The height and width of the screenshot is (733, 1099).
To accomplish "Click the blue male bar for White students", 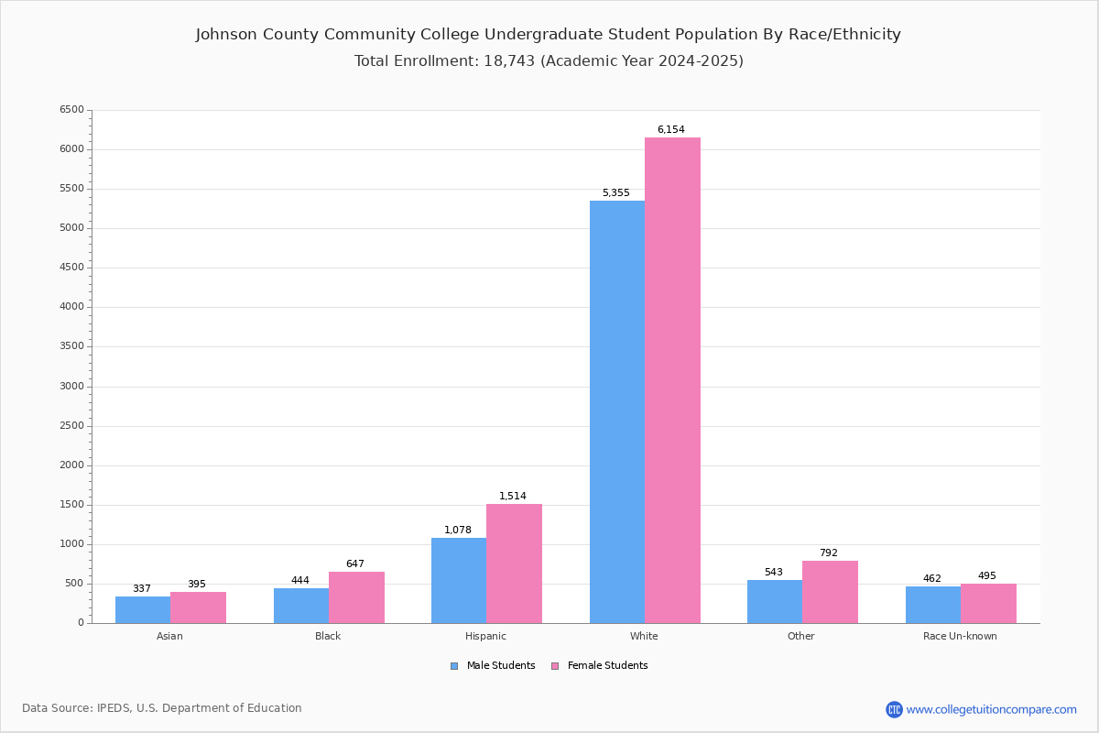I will coord(617,412).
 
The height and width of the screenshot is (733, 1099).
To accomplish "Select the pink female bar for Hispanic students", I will coord(514,563).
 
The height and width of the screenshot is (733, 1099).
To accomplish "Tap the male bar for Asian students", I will coord(143,610).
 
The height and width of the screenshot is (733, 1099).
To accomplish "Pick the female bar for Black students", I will coord(356,597).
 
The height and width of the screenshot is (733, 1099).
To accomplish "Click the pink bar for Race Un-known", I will coord(988,604).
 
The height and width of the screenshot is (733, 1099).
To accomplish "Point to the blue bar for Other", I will coord(775,602).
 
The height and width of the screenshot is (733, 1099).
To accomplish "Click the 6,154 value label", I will coord(670,130).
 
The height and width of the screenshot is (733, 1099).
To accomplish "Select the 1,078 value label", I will coord(458,531).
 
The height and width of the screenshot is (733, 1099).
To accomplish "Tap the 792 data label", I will coord(828,553).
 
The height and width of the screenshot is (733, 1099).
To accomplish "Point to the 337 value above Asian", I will coord(142,589).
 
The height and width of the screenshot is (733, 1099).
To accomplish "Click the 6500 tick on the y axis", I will coord(71,110).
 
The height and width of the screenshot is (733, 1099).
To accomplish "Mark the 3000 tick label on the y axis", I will coord(71,387).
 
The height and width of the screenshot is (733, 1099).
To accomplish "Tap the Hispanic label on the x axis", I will coord(485,636).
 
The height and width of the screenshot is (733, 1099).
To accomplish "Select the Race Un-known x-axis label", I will coord(960,636).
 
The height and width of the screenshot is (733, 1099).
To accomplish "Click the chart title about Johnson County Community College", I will coord(549,35).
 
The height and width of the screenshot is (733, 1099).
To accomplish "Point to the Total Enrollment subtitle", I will coord(549,61).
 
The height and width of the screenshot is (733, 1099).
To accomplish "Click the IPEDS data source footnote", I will coord(162,708).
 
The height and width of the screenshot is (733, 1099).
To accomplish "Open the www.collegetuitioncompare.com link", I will coord(991,709).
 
